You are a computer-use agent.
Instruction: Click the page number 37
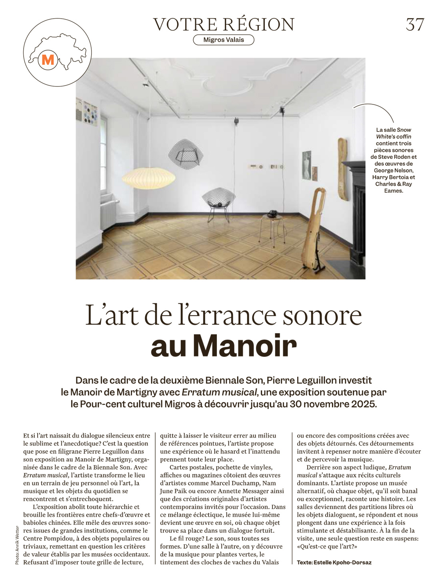click(415, 24)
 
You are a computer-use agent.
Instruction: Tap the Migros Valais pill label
click(224, 40)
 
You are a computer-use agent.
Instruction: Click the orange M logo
click(48, 60)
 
